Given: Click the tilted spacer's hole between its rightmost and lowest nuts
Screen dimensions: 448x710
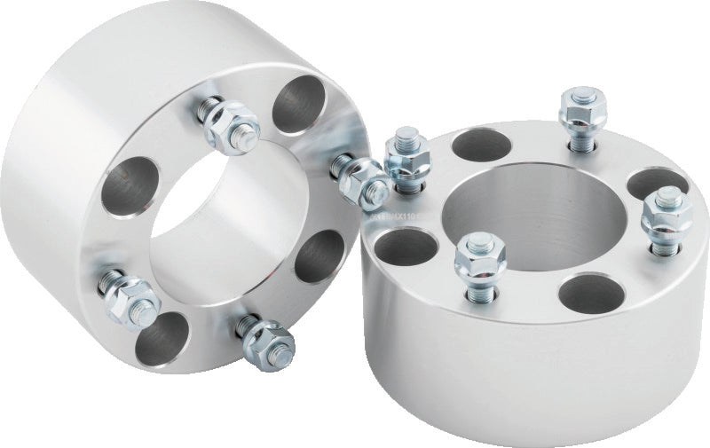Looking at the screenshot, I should coord(317,257).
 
